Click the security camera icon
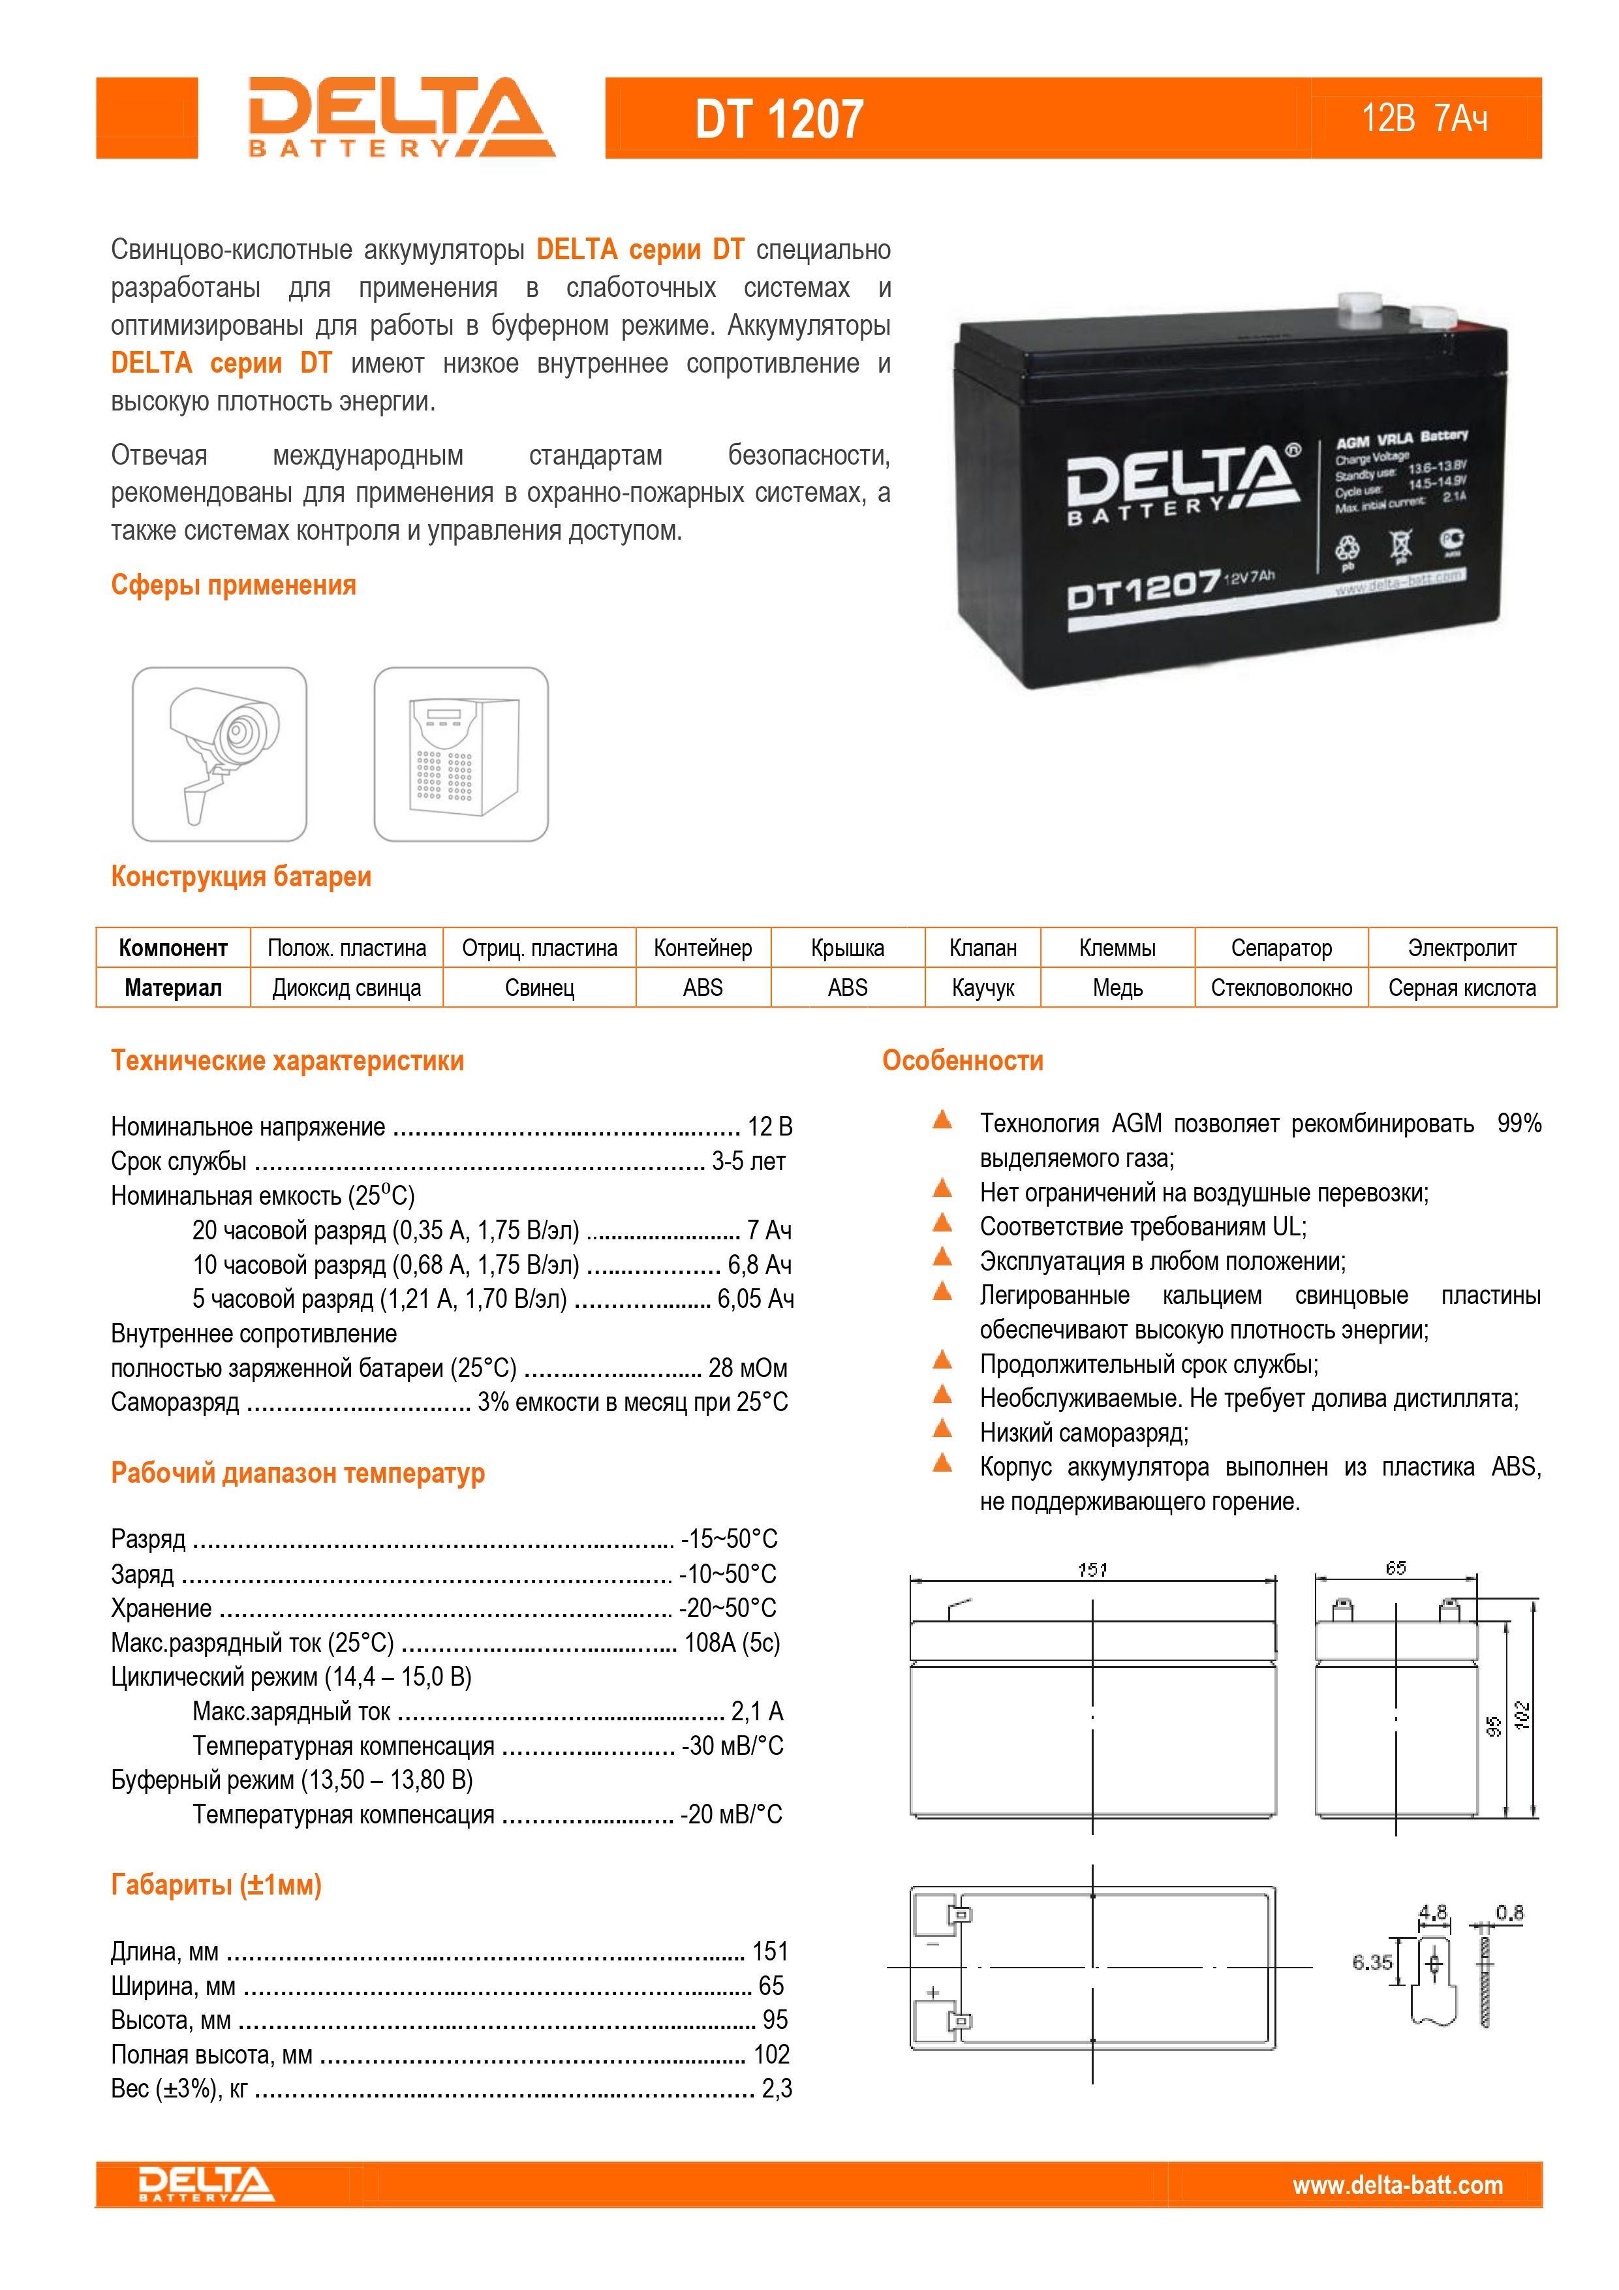[x=219, y=754]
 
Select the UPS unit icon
[x=461, y=754]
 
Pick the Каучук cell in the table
[x=983, y=987]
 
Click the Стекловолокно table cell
[x=1281, y=987]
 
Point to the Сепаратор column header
[x=1281, y=948]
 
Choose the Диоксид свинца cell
[x=346, y=987]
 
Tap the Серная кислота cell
[x=1461, y=987]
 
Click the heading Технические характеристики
[x=287, y=1060]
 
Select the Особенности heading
[x=963, y=1060]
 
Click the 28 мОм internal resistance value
[x=747, y=1367]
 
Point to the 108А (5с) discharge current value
[x=732, y=1643]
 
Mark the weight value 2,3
[x=776, y=2088]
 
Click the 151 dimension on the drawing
[x=1092, y=1570]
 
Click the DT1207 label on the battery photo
[x=1143, y=591]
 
